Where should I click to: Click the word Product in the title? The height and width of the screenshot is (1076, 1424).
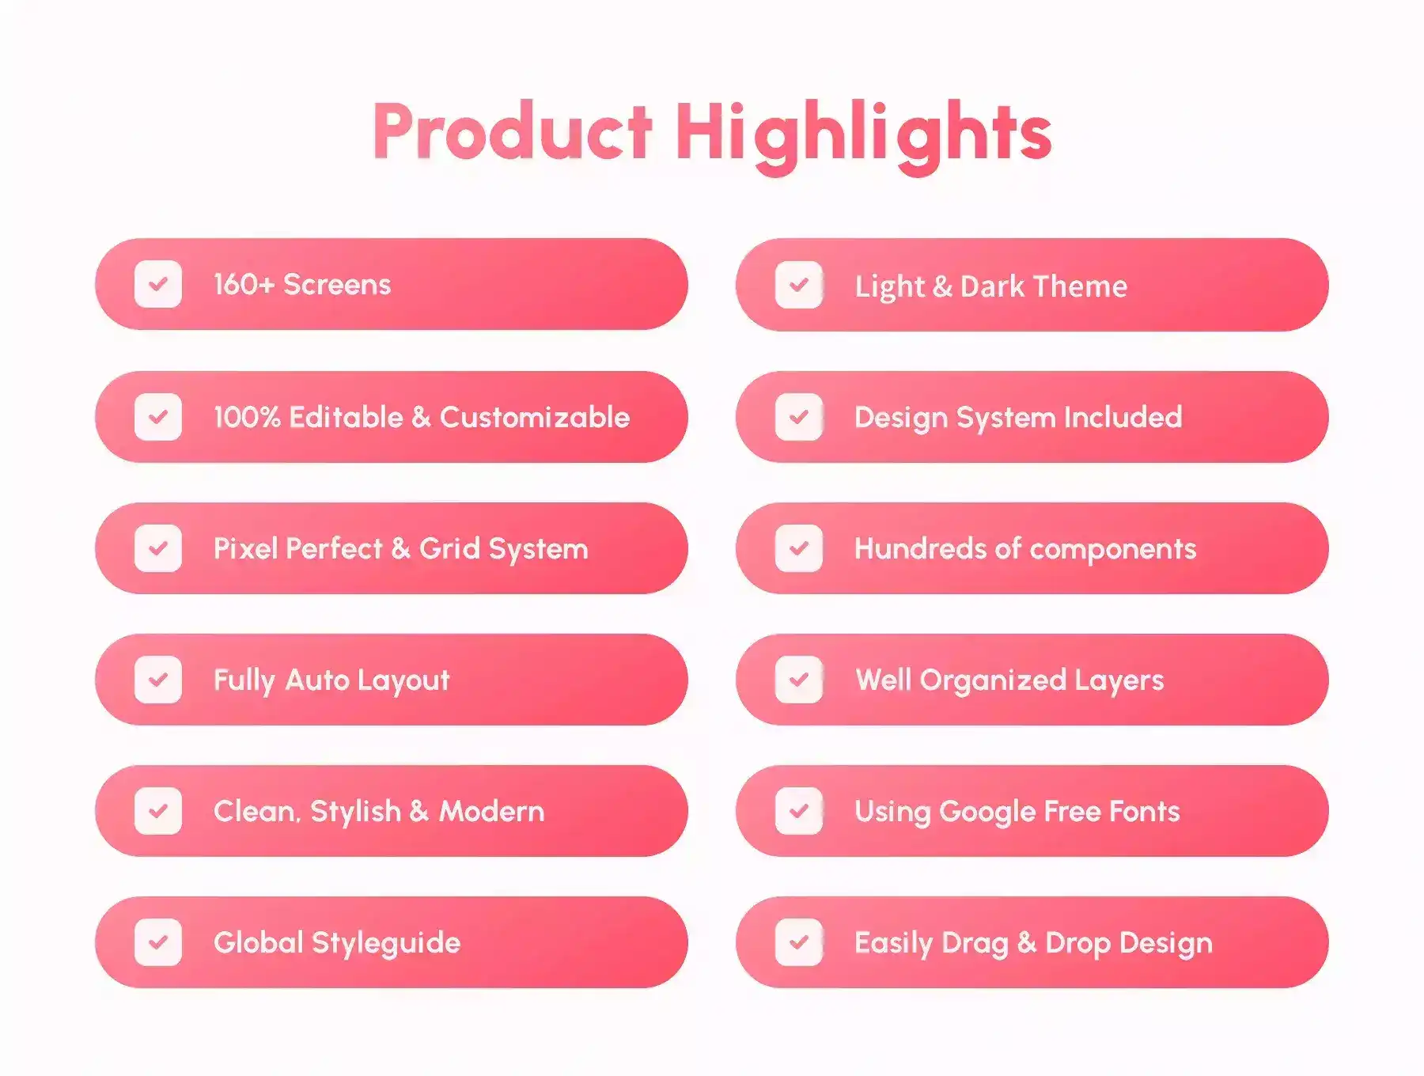(513, 131)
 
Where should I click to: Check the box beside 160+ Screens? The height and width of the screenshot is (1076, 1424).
(158, 284)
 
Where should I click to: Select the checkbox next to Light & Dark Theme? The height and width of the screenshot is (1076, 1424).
(799, 285)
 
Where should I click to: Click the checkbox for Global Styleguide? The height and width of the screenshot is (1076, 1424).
(158, 942)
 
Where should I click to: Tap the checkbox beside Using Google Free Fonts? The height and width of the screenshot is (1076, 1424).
(799, 811)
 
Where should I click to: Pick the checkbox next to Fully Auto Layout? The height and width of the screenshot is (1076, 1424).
(158, 680)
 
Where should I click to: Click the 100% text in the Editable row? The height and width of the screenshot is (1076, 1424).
(247, 417)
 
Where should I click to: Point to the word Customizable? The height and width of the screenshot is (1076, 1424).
(535, 417)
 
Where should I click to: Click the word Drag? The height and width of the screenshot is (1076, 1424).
(975, 944)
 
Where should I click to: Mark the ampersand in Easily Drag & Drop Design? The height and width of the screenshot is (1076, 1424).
(1027, 942)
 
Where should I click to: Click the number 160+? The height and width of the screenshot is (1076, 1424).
(244, 284)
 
